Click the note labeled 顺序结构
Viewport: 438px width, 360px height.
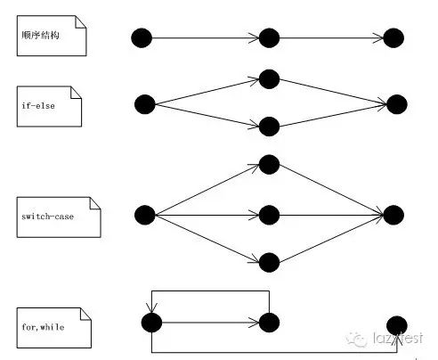(x=52, y=36)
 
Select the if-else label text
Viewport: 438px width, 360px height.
(x=38, y=106)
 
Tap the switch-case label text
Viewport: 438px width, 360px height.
(x=47, y=217)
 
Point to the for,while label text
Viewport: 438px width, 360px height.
(x=43, y=327)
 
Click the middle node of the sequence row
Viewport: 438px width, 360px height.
(x=269, y=38)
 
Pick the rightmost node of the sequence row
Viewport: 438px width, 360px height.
(x=393, y=38)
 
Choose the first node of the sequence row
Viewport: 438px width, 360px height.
(x=142, y=38)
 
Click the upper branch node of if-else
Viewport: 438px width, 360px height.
(x=269, y=79)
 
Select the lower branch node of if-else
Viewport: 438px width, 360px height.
(x=269, y=127)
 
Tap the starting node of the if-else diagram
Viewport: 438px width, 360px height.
(x=145, y=104)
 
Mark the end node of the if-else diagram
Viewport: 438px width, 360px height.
(x=397, y=104)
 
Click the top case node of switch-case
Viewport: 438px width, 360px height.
(x=269, y=164)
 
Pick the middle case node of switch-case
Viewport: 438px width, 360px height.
(x=269, y=215)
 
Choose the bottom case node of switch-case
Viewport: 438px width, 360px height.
(x=269, y=262)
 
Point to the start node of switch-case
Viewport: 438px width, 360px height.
(x=145, y=215)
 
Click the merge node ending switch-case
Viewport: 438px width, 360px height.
(x=393, y=215)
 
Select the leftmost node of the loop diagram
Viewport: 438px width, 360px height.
(x=151, y=323)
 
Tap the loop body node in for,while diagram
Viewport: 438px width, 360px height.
(x=269, y=323)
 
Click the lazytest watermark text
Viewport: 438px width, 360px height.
(x=398, y=338)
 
